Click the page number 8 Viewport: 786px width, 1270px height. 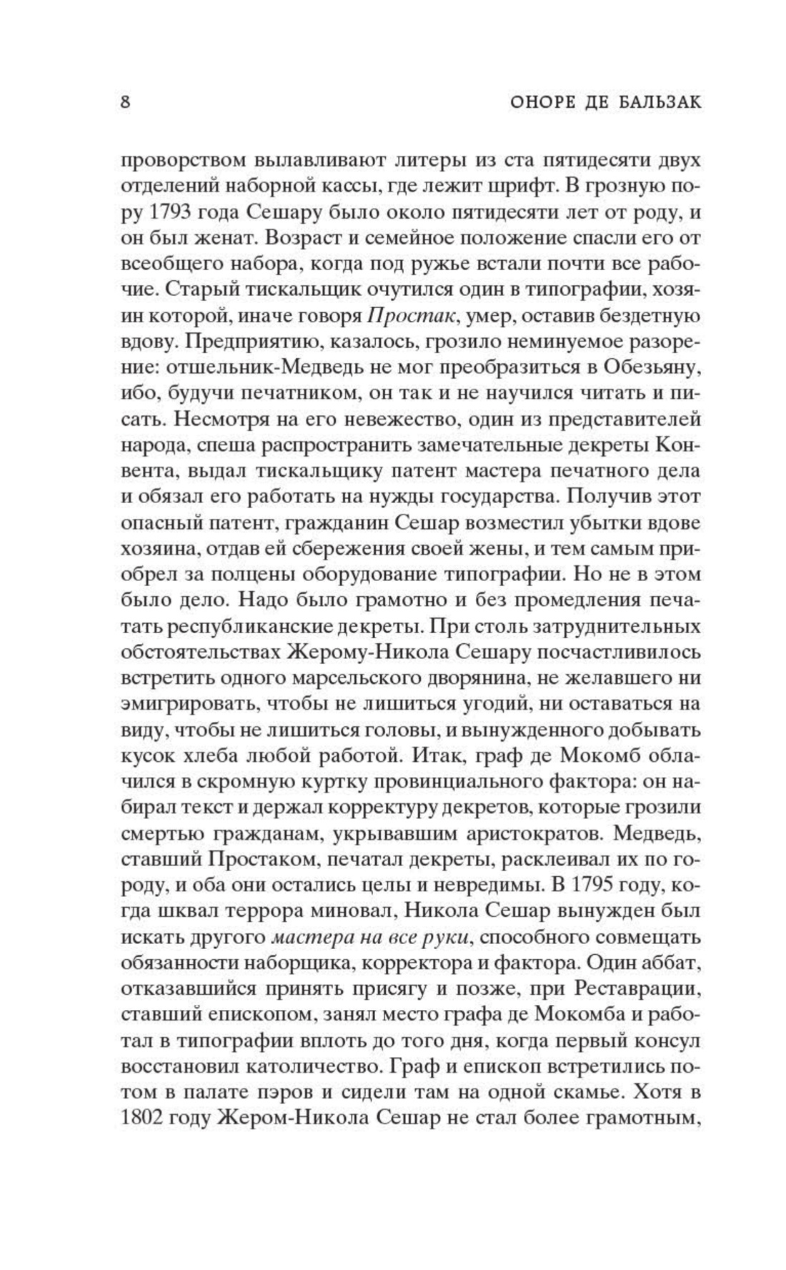pyautogui.click(x=126, y=102)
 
